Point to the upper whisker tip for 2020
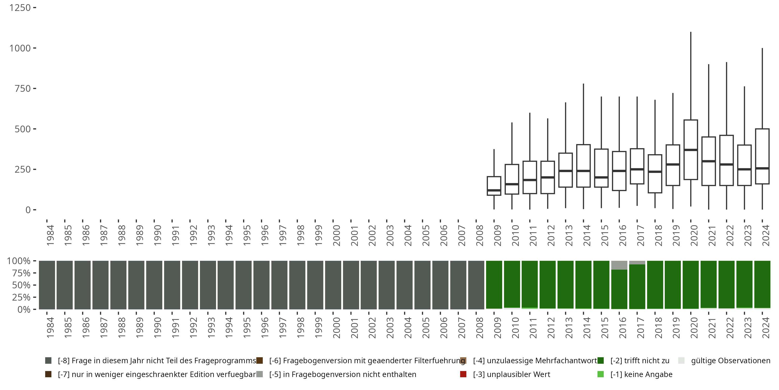click(x=691, y=32)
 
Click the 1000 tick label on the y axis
click(x=20, y=48)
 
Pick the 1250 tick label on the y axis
click(x=20, y=8)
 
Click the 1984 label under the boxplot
click(x=50, y=235)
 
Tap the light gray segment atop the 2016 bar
click(x=619, y=265)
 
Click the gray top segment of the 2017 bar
click(x=637, y=263)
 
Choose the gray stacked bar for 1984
click(x=47, y=285)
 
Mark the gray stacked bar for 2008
click(x=476, y=285)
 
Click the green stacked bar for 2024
click(x=762, y=284)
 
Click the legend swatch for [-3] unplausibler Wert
click(x=463, y=374)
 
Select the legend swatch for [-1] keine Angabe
click(x=600, y=374)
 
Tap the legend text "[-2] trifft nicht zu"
click(x=640, y=361)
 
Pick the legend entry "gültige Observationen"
click(x=730, y=361)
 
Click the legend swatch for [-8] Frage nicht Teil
click(x=48, y=361)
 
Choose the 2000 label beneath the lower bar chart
click(x=336, y=327)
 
